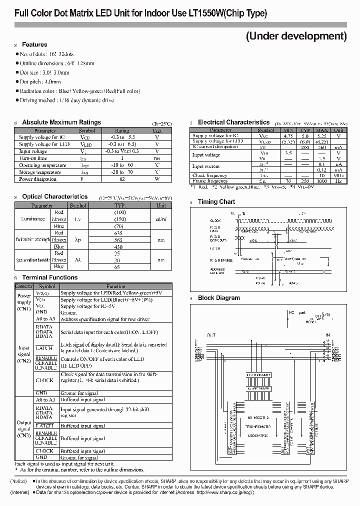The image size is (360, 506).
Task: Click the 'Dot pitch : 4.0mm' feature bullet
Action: [x=40, y=81]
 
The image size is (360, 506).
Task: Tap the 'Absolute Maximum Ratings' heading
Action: [x=61, y=122]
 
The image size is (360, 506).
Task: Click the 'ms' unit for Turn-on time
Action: [x=156, y=158]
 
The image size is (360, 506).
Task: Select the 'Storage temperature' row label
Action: [x=37, y=172]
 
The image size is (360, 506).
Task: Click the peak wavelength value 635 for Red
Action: [x=119, y=232]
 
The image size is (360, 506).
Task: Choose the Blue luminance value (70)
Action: [x=119, y=226]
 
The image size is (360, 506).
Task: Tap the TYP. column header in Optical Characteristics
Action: [x=119, y=205]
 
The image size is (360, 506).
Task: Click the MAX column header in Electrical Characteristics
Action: [x=321, y=130]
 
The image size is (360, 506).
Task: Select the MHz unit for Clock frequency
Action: [x=338, y=175]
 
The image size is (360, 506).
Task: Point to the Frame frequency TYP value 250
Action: [x=304, y=180]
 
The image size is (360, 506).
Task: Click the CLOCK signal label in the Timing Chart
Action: [x=215, y=220]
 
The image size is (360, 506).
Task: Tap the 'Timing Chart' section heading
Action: [x=216, y=202]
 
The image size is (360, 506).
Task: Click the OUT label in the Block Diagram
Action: [x=211, y=335]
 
